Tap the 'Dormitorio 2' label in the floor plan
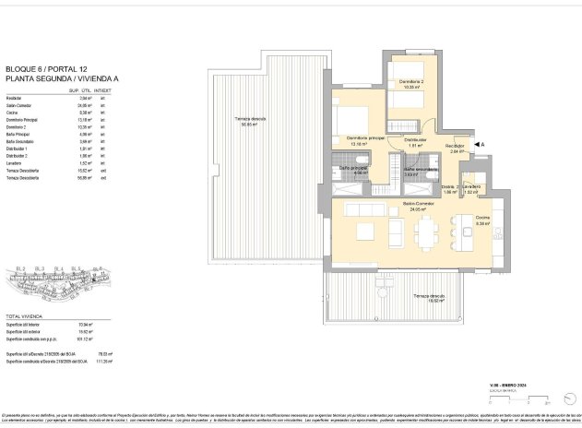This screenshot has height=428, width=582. (409, 82)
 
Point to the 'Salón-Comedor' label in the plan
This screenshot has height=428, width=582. (418, 203)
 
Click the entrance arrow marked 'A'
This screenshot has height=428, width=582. (477, 145)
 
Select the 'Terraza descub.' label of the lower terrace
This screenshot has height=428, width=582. (429, 295)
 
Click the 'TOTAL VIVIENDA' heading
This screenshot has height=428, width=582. (25, 316)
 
